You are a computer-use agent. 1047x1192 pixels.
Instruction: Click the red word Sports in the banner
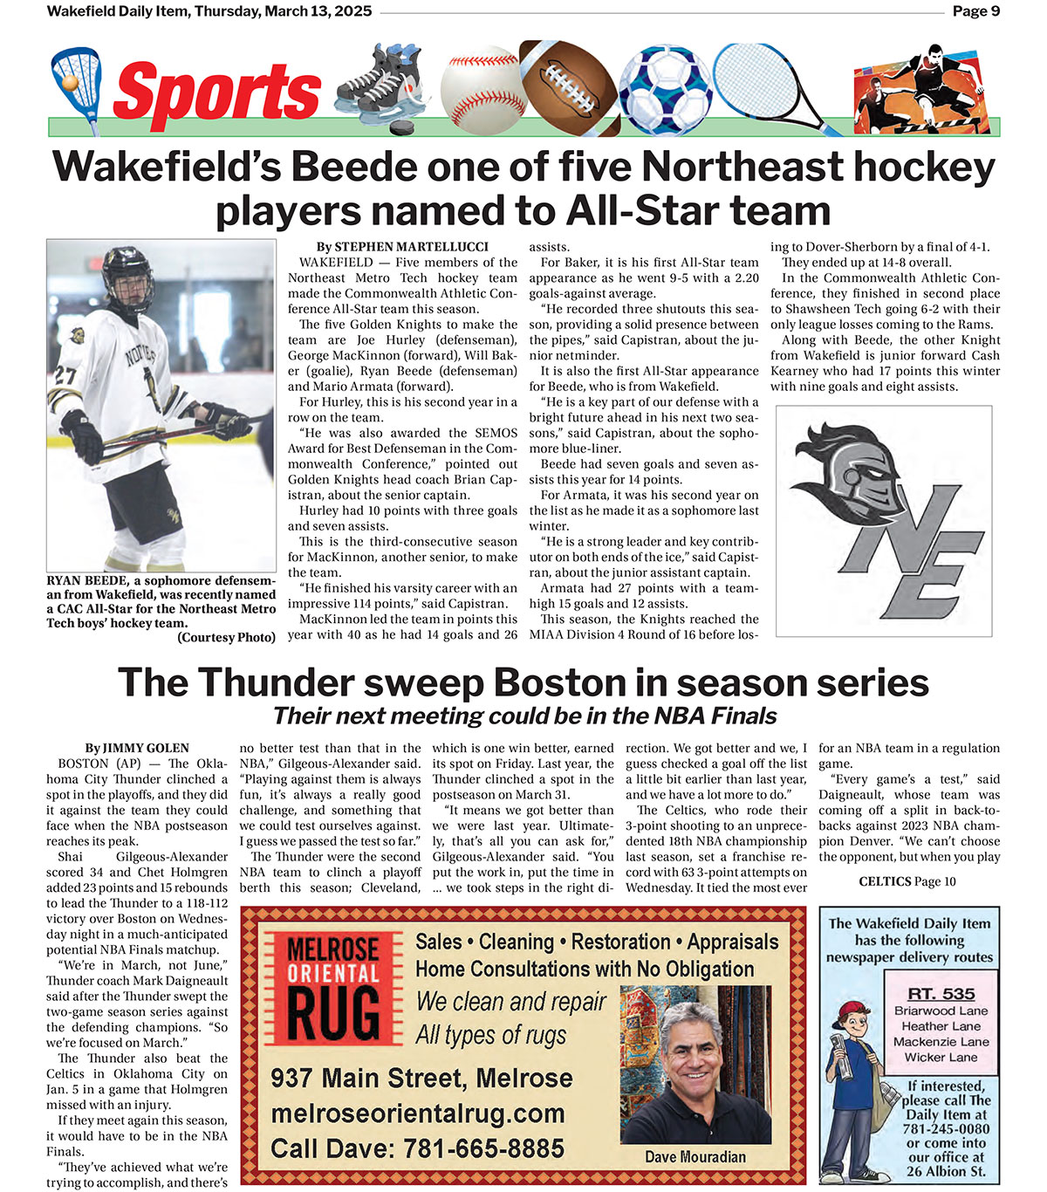(216, 92)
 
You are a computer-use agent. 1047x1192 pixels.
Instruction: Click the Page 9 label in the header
(975, 11)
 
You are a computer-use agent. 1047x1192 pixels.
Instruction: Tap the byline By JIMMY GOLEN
(137, 748)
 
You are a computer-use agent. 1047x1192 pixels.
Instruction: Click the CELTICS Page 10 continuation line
(907, 881)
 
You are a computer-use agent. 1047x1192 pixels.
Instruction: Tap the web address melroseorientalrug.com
(418, 1113)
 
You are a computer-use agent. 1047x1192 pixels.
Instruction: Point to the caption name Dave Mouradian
(695, 1157)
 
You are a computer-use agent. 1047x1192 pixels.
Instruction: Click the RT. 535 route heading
(941, 994)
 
